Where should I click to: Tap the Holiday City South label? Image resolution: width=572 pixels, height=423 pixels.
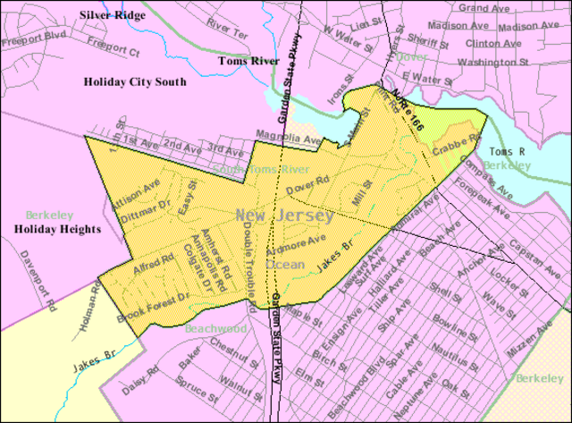pyautogui.click(x=135, y=81)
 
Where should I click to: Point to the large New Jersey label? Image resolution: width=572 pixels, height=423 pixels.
pyautogui.click(x=284, y=216)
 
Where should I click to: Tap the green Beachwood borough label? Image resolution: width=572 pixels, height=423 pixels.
pyautogui.click(x=215, y=328)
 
